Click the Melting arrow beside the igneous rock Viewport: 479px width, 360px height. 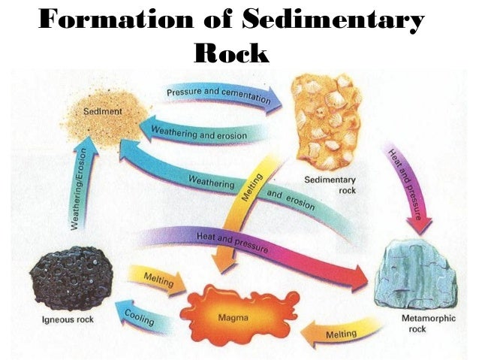(x=157, y=280)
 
